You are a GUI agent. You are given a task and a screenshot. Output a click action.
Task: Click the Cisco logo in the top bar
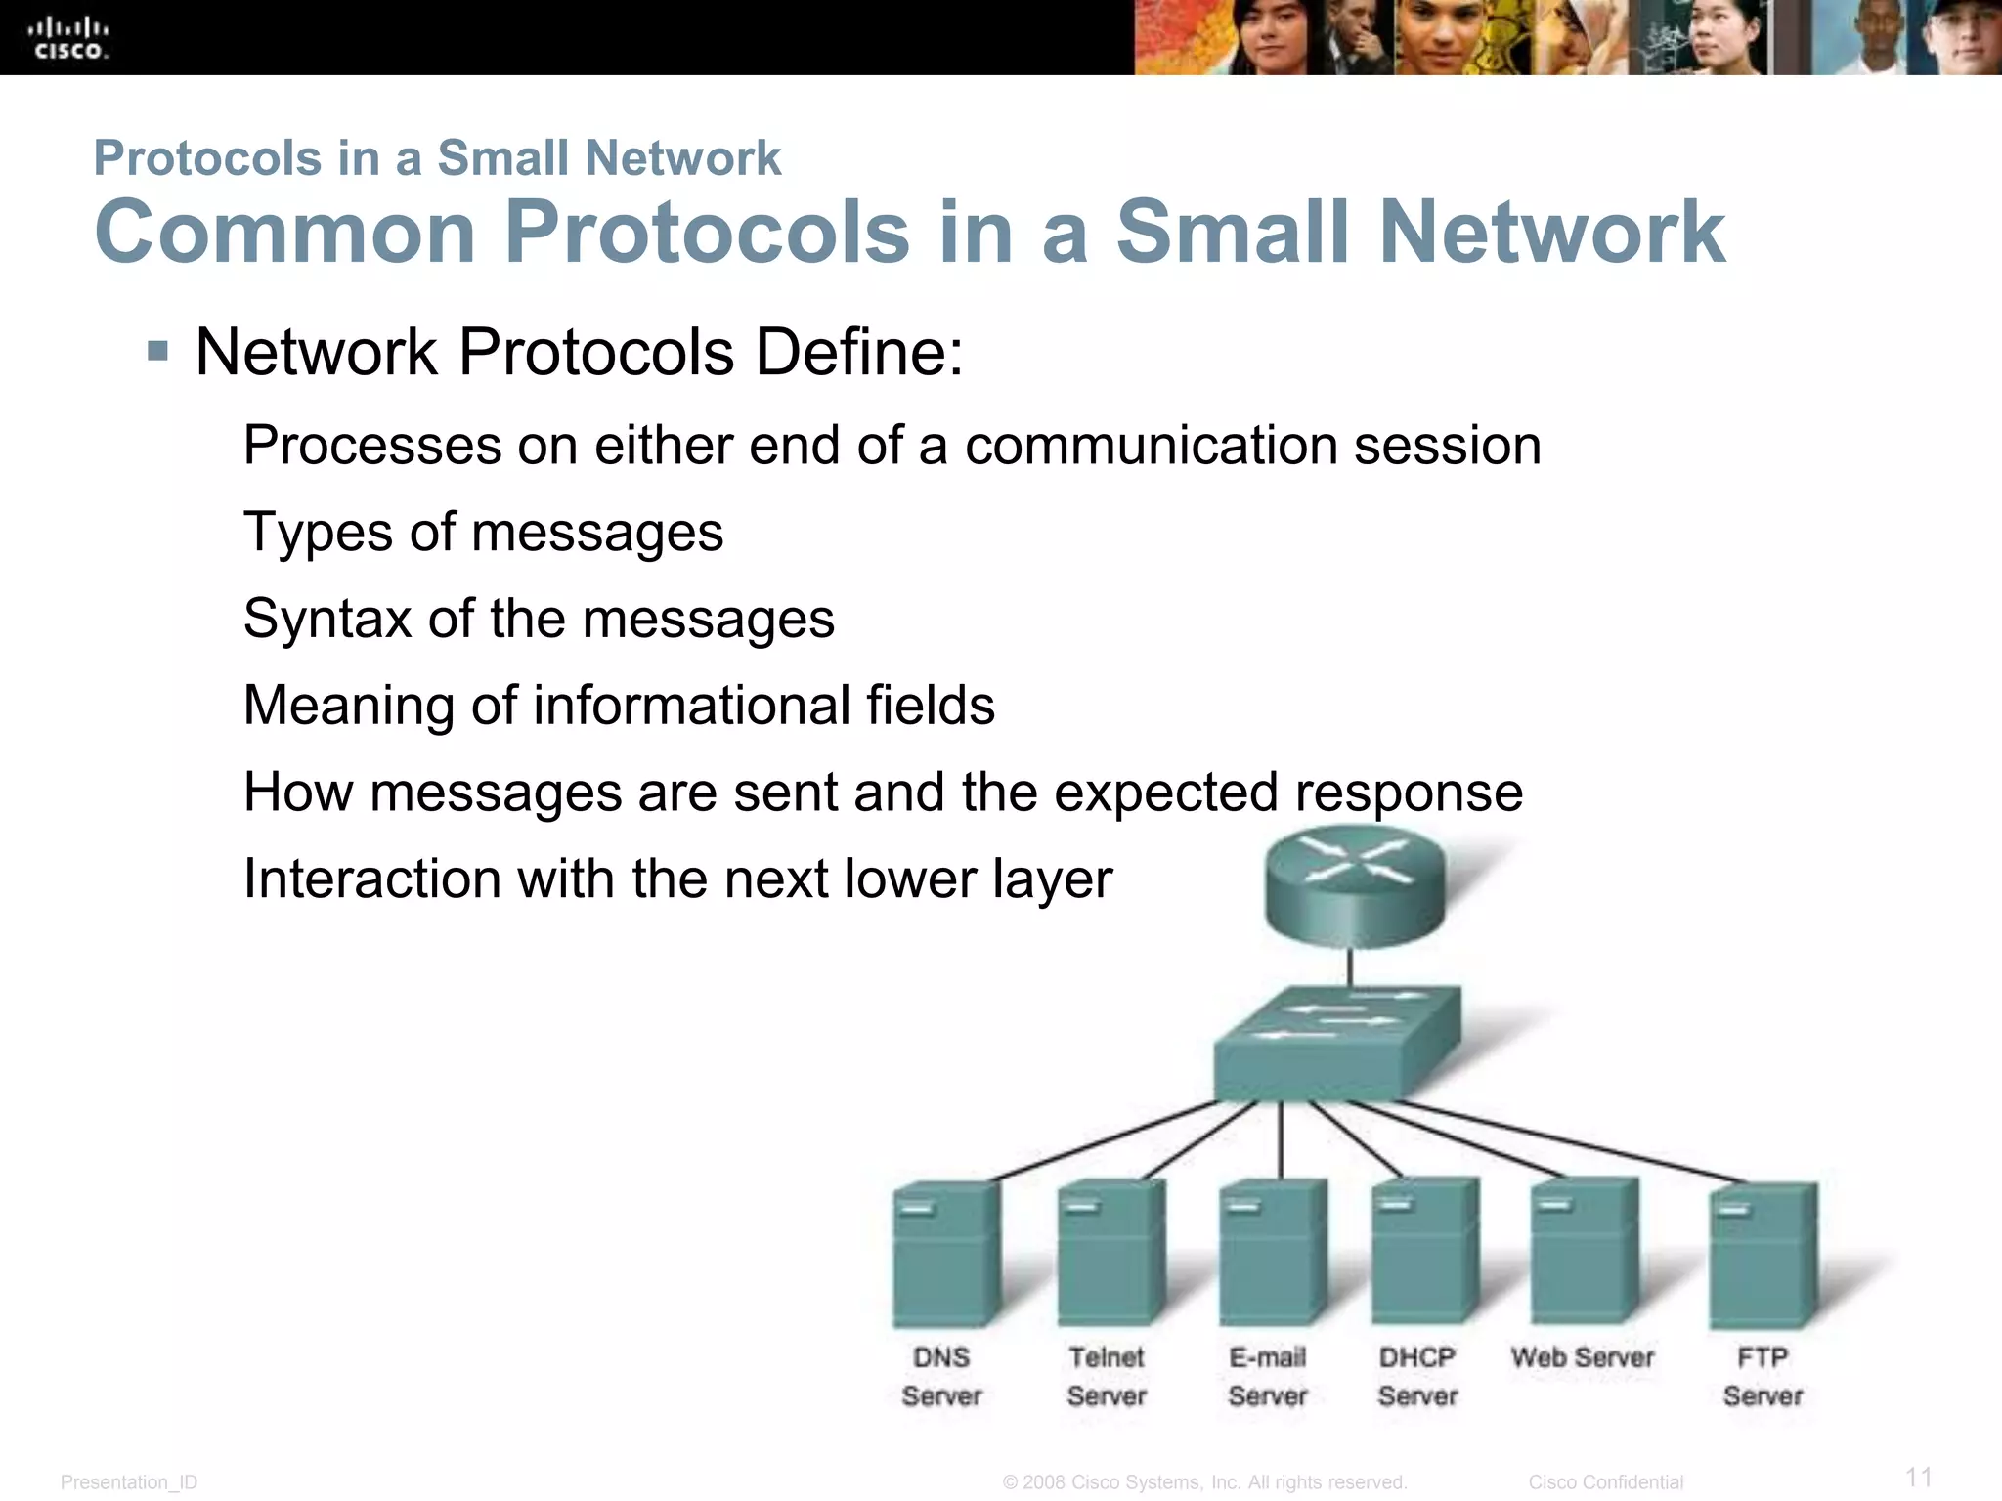coord(67,38)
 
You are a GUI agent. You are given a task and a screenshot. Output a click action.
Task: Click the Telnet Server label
coord(1106,1376)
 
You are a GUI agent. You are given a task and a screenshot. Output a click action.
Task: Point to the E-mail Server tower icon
coord(1272,1252)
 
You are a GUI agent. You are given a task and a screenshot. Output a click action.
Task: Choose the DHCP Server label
coord(1416,1376)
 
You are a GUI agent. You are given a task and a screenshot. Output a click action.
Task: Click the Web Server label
coord(1582,1357)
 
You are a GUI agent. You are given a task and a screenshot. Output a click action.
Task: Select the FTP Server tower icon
coord(1763,1254)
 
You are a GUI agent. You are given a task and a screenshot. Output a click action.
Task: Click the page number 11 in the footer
coord(1918,1476)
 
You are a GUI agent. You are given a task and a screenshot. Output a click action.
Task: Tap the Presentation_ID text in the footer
coord(129,1482)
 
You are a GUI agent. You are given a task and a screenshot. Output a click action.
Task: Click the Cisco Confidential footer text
coord(1605,1482)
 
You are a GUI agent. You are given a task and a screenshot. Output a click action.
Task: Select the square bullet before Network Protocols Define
coord(157,350)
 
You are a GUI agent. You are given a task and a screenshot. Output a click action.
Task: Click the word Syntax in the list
coord(326,620)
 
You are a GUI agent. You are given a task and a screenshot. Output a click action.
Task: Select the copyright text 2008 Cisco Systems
coord(1204,1482)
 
